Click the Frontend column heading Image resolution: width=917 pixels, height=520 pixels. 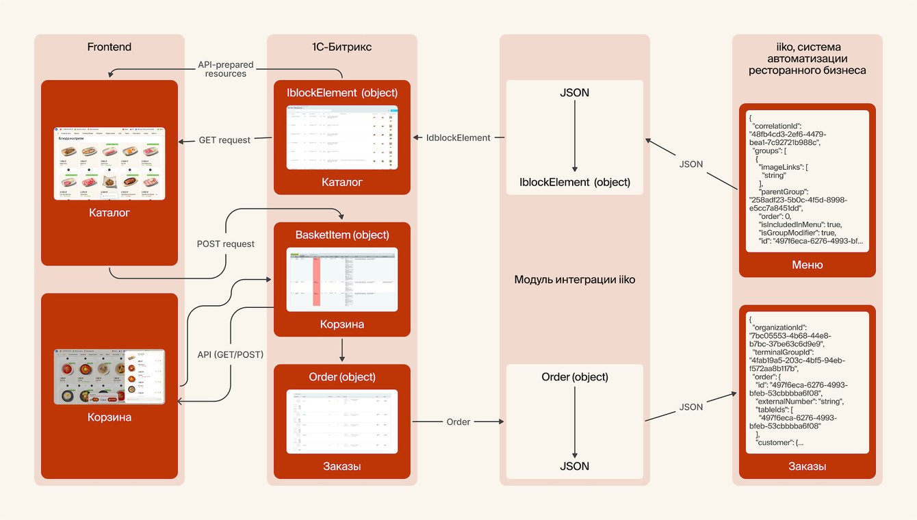tap(109, 47)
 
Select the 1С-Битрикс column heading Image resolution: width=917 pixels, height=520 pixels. tap(341, 47)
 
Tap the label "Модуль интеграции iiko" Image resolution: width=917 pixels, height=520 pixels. tap(574, 279)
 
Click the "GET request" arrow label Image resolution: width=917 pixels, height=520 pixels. tap(224, 140)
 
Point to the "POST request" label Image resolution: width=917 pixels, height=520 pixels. tap(225, 244)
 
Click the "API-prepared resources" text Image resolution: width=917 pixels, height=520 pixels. tap(226, 69)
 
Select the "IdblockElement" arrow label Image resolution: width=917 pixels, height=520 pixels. tap(458, 138)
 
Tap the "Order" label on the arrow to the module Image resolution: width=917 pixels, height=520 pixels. tap(458, 422)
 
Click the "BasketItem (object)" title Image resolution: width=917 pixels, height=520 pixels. tap(341, 235)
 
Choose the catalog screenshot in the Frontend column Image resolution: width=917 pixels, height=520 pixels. tap(109, 164)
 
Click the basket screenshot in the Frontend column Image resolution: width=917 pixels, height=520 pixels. tap(109, 376)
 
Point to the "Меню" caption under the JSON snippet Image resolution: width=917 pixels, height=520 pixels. tap(807, 265)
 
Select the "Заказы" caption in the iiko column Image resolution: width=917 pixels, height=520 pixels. tap(807, 467)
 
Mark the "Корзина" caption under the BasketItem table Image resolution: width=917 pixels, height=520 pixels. tap(341, 324)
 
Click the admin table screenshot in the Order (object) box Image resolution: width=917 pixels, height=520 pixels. tap(341, 421)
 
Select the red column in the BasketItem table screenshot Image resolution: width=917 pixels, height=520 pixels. tap(316, 281)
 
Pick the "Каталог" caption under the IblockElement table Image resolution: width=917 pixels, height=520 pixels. tap(341, 182)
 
